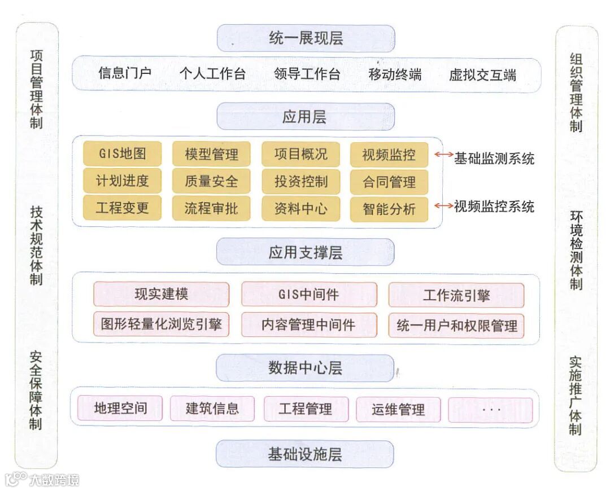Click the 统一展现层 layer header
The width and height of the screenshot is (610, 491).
(306, 38)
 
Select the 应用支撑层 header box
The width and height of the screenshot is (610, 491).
(306, 252)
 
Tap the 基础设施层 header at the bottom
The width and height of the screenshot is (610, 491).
(305, 454)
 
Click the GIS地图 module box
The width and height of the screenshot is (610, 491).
(123, 154)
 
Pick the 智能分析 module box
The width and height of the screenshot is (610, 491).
(389, 209)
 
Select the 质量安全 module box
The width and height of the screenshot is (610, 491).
(211, 182)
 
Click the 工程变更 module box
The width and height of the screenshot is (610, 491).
(123, 208)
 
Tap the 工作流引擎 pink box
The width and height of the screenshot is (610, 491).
(456, 295)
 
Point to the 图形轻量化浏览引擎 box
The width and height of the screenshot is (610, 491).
(162, 325)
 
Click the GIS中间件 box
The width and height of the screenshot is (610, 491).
(309, 295)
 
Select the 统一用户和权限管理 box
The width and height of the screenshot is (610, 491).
(456, 326)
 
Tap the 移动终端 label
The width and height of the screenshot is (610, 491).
(395, 74)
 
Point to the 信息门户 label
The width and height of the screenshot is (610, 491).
(125, 73)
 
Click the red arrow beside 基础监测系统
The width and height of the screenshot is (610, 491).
(443, 154)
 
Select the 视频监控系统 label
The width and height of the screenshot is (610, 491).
(494, 207)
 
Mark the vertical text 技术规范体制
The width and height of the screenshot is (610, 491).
(37, 245)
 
